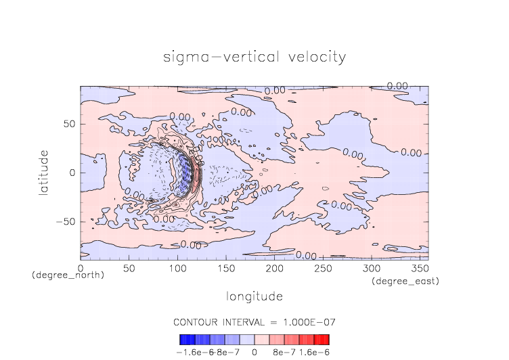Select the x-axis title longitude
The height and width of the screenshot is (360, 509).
[254, 296]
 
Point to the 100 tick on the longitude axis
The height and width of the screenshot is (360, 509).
[177, 269]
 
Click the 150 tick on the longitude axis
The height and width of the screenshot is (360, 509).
[225, 269]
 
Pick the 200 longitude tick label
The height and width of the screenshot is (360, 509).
[274, 269]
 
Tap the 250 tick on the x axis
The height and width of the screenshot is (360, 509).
[322, 269]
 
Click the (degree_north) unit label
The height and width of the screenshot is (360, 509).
[68, 276]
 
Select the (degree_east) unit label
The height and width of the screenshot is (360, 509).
[405, 281]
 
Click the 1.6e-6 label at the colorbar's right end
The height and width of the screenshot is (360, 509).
[314, 352]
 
